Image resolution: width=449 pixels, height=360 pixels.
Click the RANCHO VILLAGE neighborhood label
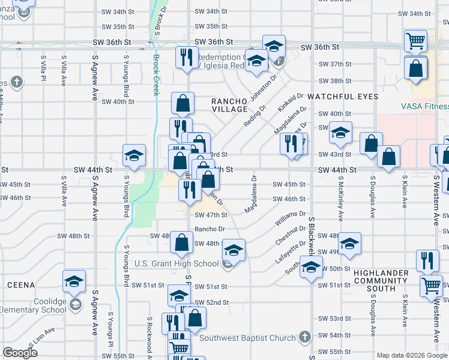coord(229,106)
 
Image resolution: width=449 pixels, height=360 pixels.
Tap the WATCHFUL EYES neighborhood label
coord(343,97)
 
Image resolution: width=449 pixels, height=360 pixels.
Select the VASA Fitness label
coord(424,106)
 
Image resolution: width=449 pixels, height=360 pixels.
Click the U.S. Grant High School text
coord(176,263)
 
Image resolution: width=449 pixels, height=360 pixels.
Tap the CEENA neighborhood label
coord(22,284)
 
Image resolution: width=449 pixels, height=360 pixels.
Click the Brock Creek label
coord(156,75)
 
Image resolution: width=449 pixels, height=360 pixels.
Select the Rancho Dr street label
coord(209,229)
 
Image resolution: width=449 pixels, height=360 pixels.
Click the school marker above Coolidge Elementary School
coord(74,281)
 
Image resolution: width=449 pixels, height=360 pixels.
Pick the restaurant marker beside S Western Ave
coord(427,260)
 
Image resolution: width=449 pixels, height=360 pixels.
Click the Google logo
coord(20,353)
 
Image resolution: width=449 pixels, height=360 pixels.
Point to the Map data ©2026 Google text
coord(412,356)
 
